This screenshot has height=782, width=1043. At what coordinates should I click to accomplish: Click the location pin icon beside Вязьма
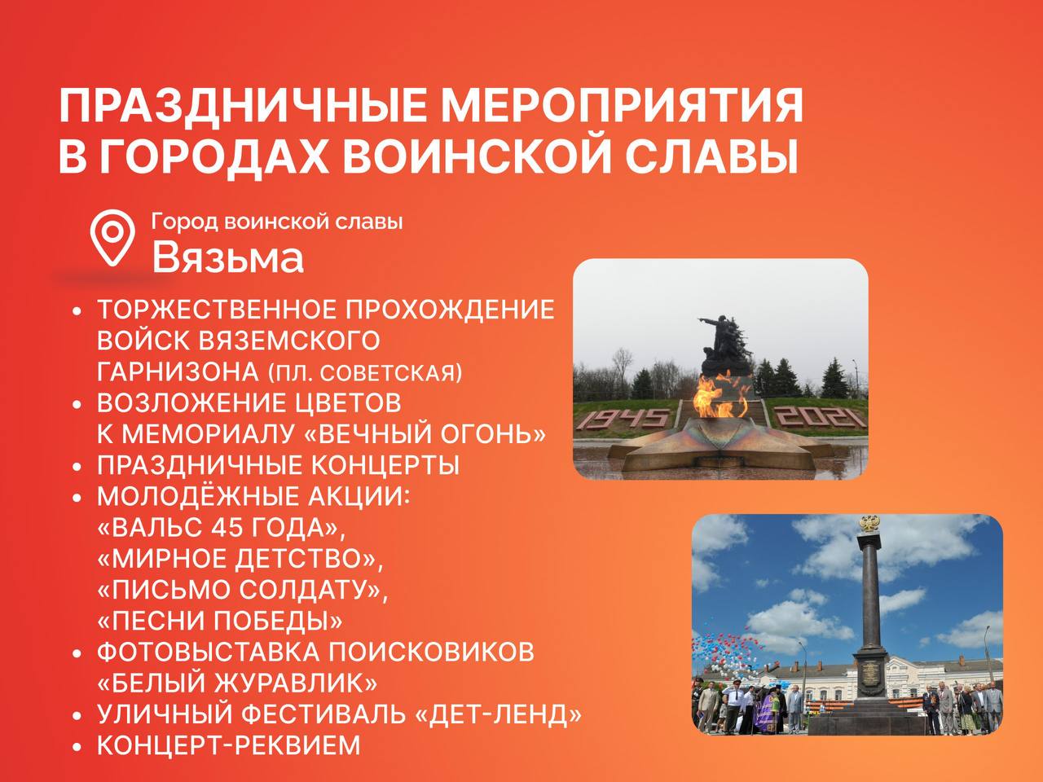(x=112, y=237)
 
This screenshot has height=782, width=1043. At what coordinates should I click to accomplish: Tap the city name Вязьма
(x=227, y=258)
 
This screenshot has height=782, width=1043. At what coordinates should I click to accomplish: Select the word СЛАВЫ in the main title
(x=711, y=156)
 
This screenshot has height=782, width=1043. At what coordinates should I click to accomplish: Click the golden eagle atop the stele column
(x=869, y=523)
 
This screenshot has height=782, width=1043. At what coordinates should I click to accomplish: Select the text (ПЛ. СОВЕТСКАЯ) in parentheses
(x=365, y=373)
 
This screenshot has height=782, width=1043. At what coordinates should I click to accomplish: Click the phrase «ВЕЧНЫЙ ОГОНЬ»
(x=425, y=434)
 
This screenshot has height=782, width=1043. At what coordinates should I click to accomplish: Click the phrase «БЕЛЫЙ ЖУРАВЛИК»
(x=237, y=683)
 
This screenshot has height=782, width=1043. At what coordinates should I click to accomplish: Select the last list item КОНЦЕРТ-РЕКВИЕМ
(x=228, y=745)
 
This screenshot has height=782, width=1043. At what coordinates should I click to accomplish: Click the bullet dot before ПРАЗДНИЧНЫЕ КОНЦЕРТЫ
(x=77, y=467)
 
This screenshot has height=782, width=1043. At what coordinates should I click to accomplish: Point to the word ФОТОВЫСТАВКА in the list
(x=208, y=652)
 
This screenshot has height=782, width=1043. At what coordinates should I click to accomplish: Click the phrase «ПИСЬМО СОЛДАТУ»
(x=242, y=591)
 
